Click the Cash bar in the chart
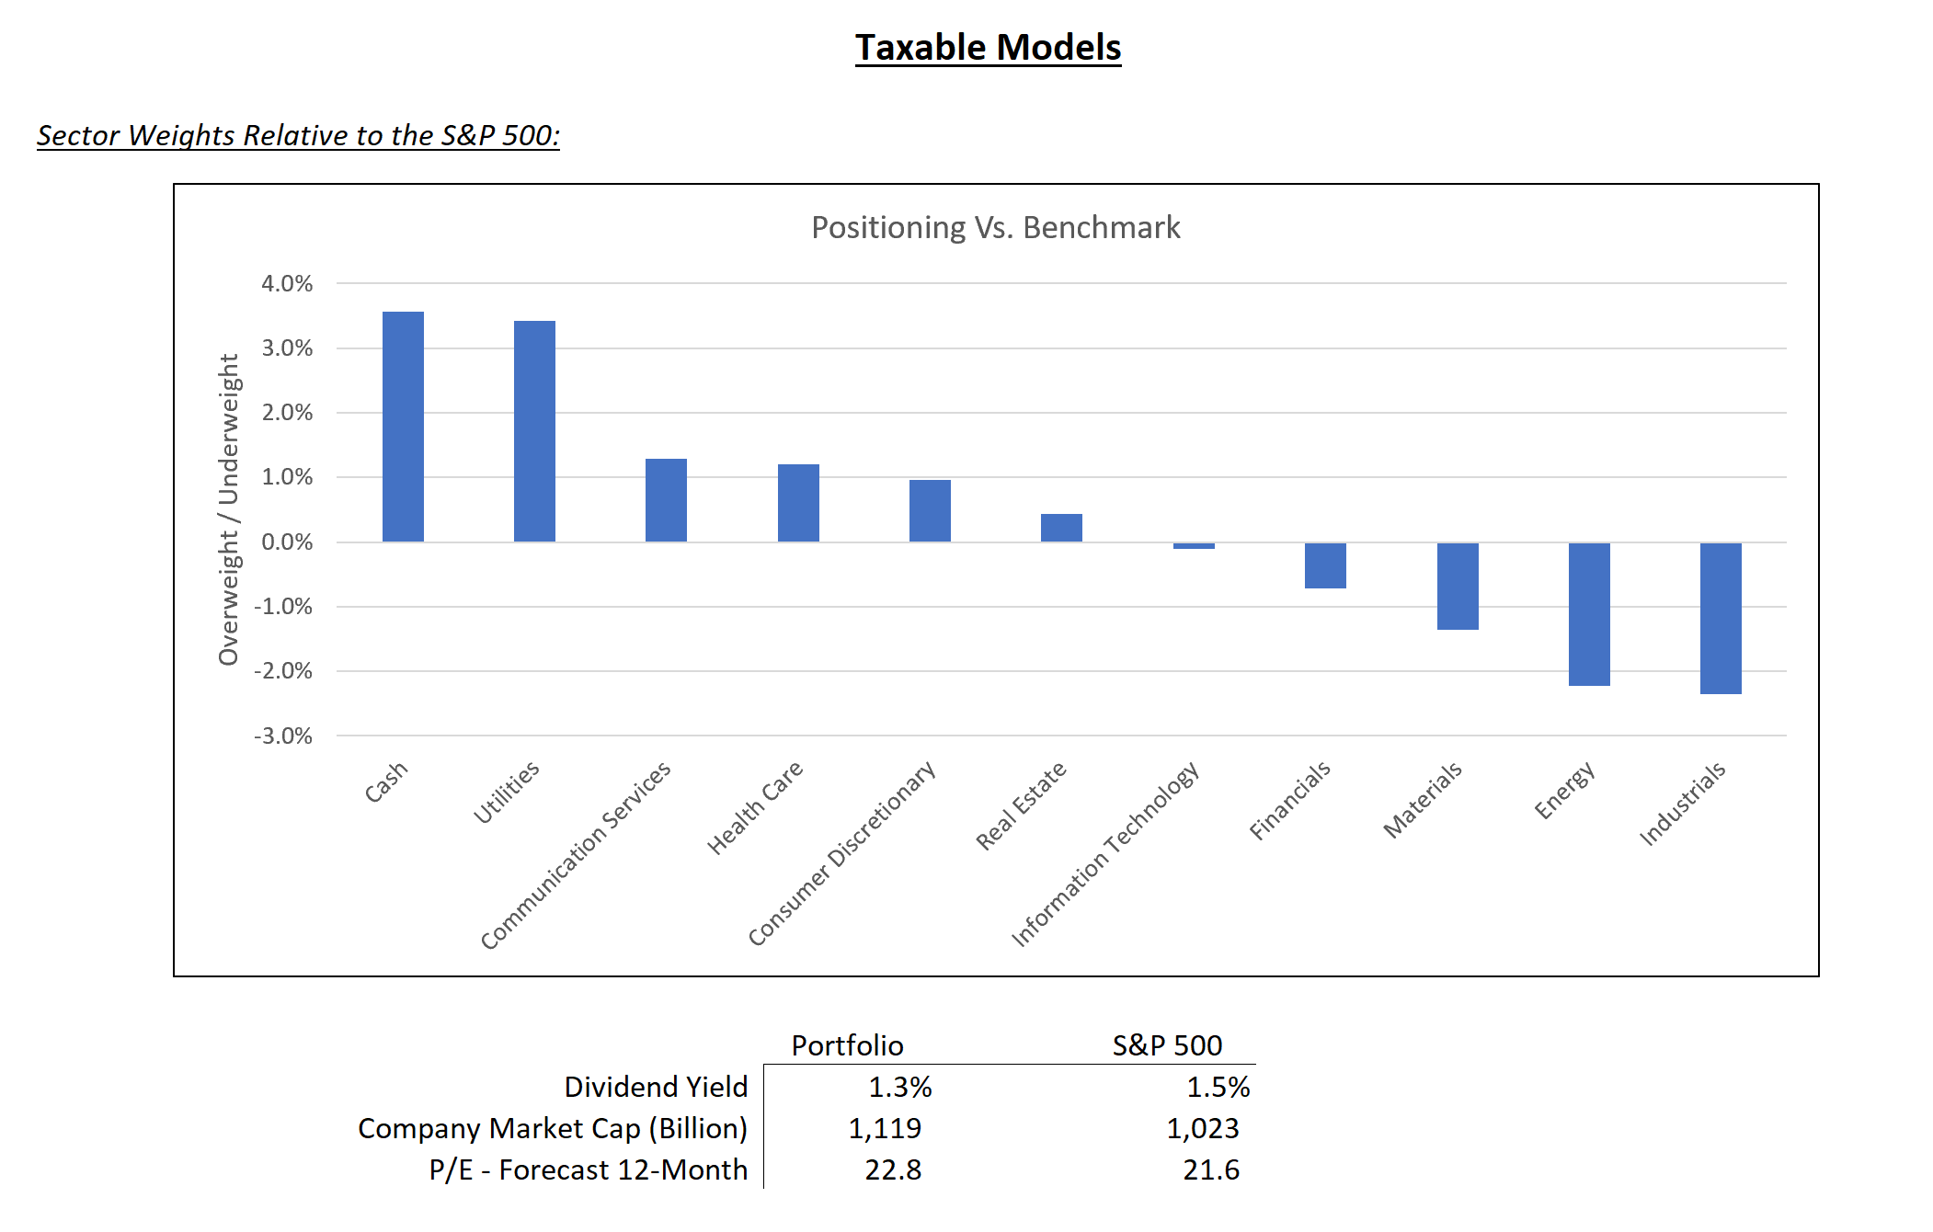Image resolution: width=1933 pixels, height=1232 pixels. [x=403, y=427]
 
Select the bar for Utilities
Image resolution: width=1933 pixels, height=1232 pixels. [x=534, y=431]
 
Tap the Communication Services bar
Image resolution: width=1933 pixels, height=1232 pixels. [x=666, y=500]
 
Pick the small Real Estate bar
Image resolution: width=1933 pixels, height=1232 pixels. [x=1061, y=528]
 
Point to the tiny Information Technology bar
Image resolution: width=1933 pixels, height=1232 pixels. [x=1194, y=546]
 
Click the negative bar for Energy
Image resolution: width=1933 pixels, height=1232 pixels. [x=1589, y=614]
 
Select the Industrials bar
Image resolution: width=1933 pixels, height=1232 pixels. [x=1721, y=618]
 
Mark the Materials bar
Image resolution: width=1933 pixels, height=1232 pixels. [x=1458, y=586]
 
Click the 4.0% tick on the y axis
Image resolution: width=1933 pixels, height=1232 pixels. [x=287, y=284]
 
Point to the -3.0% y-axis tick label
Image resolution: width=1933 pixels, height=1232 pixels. [x=283, y=736]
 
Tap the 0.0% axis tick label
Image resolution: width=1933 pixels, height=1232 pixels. [x=287, y=542]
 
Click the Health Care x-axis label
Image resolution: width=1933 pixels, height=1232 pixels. [x=755, y=807]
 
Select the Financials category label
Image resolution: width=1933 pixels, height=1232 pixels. [x=1289, y=801]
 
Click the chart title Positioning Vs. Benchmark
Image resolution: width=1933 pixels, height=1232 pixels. [x=995, y=227]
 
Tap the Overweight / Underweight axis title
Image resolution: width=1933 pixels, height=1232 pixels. [x=228, y=509]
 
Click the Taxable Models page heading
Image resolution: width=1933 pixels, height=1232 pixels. [x=988, y=48]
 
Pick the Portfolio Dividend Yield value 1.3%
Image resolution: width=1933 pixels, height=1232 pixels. [x=899, y=1088]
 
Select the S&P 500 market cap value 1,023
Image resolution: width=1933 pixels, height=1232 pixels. [x=1203, y=1129]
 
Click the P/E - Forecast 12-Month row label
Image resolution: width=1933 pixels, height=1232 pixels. [x=588, y=1170]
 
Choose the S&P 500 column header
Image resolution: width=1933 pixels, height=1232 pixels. [x=1167, y=1045]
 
